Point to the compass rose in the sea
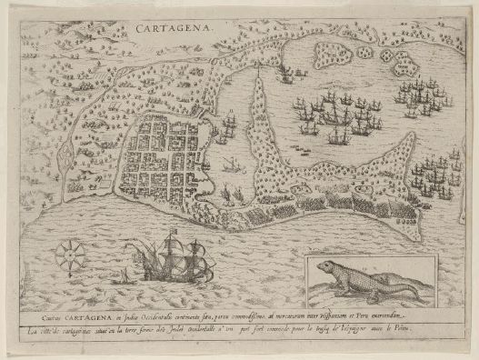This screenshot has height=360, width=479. pyautogui.click(x=68, y=255)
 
